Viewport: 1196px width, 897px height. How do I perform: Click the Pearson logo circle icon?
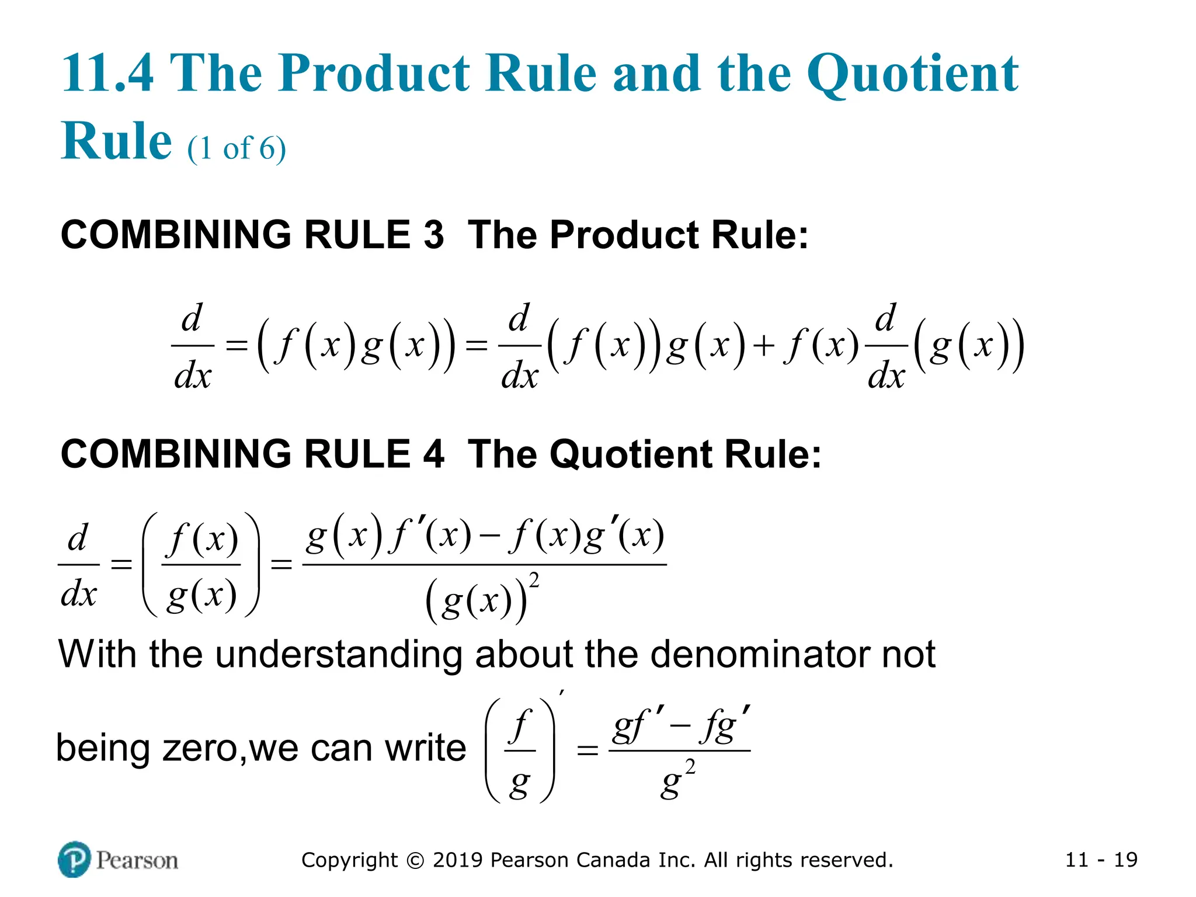pyautogui.click(x=74, y=859)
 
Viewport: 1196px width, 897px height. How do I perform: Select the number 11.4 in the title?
pyautogui.click(x=107, y=74)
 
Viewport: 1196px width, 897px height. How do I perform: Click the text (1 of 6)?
pyautogui.click(x=237, y=148)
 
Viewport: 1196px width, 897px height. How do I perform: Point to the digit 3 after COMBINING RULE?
pyautogui.click(x=433, y=235)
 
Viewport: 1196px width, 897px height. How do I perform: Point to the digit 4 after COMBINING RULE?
pyautogui.click(x=433, y=454)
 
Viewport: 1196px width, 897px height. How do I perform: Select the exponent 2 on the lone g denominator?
pyautogui.click(x=690, y=767)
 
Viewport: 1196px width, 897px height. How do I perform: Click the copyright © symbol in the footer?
pyautogui.click(x=415, y=860)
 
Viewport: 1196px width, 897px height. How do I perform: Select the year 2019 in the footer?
pyautogui.click(x=458, y=860)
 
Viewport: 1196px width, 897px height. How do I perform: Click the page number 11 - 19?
pyautogui.click(x=1101, y=860)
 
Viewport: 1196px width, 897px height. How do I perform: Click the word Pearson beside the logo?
pyautogui.click(x=137, y=860)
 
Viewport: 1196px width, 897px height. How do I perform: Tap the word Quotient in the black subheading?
pyautogui.click(x=631, y=454)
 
